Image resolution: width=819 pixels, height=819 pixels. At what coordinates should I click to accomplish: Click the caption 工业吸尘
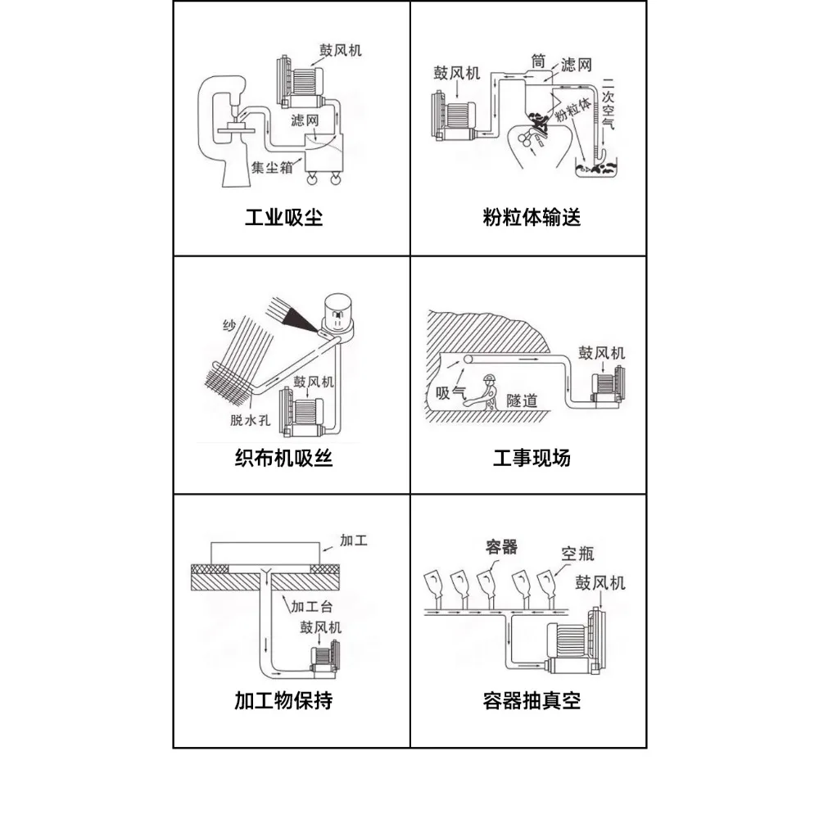tap(284, 219)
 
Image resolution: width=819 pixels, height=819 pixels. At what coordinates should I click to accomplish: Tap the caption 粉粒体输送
tap(532, 219)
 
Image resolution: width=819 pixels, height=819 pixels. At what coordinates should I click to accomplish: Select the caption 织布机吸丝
tap(283, 457)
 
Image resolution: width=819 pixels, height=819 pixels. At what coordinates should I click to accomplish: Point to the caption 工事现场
tap(532, 457)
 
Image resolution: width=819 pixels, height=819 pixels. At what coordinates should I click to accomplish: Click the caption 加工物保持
tap(283, 701)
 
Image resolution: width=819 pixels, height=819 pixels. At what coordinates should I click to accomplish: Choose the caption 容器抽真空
tap(532, 701)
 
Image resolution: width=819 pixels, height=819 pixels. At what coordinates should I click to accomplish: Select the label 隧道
tap(523, 400)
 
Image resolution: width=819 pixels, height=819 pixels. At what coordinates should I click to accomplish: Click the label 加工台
tap(310, 606)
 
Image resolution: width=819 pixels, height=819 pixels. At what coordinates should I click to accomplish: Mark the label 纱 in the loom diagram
tap(229, 327)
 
